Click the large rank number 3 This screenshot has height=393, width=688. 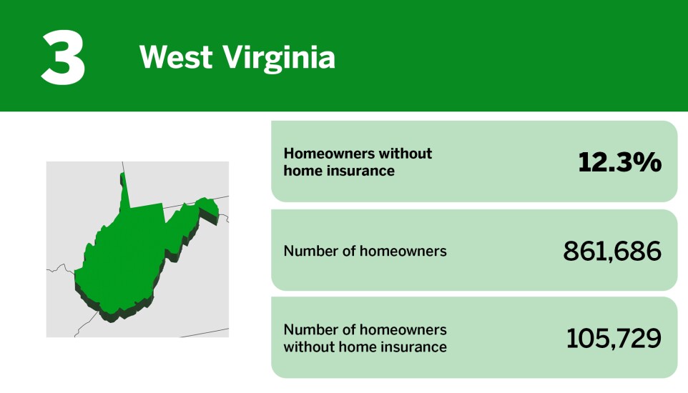63,56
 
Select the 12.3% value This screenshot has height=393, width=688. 619,162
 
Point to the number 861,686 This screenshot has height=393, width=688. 612,251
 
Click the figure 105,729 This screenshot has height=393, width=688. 614,339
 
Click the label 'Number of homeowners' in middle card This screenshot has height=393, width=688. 365,251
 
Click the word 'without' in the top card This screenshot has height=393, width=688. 406,154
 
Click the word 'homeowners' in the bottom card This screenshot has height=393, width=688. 403,329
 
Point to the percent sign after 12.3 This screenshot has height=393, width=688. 649,162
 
